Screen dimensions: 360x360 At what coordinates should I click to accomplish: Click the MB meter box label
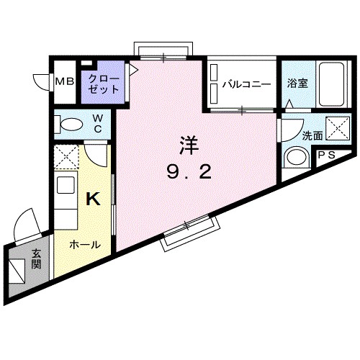point(65,82)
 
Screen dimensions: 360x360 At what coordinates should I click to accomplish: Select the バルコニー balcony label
point(246,84)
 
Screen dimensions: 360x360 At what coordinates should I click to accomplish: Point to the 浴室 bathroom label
point(297,82)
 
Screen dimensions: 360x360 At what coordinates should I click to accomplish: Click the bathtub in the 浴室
point(330,85)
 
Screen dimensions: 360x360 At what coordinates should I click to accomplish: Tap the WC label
point(97,124)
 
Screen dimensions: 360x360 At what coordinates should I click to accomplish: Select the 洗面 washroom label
point(292,135)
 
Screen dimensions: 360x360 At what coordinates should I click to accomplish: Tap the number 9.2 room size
point(188,173)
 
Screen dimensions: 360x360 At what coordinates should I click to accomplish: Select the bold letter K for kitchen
point(93,199)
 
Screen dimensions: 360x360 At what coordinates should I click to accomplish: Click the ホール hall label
point(85,245)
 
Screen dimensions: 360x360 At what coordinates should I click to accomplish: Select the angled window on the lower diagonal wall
point(189,233)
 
